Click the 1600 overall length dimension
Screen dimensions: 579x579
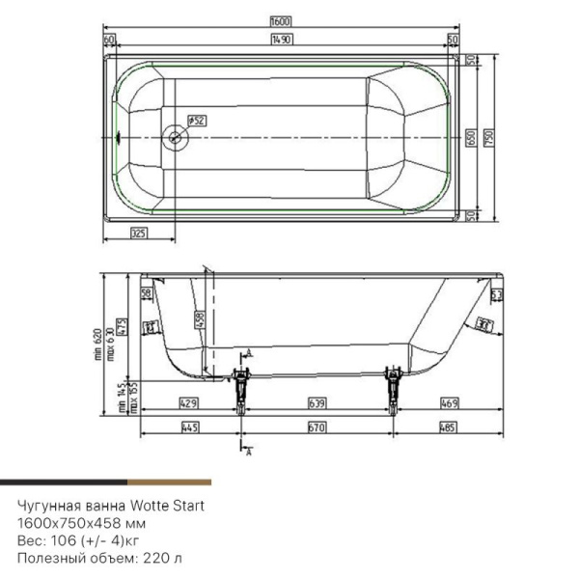pos(280,20)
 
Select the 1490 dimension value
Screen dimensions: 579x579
pos(281,39)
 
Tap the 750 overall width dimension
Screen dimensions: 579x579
pos(488,139)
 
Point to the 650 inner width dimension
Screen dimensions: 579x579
pos(469,139)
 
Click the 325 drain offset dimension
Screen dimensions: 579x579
pos(138,234)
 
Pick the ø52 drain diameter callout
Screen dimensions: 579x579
pos(195,121)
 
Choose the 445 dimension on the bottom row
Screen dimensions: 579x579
pos(189,427)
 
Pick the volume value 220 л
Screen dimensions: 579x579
pos(147,557)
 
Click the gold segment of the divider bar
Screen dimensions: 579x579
pos(168,481)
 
